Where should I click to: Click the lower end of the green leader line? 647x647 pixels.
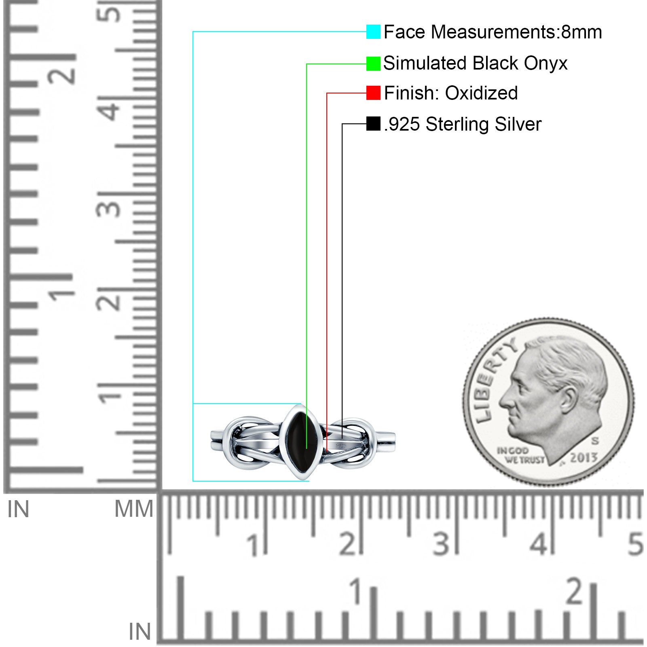point(307,448)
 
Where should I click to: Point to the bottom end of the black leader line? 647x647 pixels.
point(342,438)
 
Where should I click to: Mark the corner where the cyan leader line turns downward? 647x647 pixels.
point(193,32)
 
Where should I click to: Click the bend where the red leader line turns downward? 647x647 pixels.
point(327,93)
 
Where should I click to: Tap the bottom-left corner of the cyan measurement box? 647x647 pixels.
point(193,481)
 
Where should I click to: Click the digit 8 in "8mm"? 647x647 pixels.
point(566,32)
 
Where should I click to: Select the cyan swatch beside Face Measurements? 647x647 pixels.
point(373,32)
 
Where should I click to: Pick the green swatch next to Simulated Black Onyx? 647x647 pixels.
point(373,63)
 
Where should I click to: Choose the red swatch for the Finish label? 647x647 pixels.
point(373,93)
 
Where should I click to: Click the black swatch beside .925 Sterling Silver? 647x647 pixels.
point(373,123)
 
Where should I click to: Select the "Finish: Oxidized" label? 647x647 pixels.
point(451,93)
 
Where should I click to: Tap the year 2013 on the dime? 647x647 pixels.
point(584,458)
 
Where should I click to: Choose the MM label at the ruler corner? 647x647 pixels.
point(134,509)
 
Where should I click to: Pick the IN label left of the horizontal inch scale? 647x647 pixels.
point(140,632)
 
